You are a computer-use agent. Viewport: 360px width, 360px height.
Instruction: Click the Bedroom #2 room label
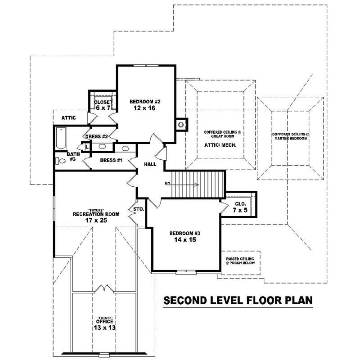point(145,101)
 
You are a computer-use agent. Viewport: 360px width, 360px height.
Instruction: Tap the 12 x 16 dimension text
point(145,108)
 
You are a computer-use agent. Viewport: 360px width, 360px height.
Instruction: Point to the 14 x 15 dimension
point(184,240)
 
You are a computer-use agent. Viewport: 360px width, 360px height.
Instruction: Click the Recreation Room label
point(96,214)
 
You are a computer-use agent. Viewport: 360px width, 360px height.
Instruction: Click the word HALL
point(150,164)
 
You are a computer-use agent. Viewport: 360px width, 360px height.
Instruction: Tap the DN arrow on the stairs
point(184,184)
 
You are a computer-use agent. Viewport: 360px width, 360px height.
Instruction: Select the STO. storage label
point(138,209)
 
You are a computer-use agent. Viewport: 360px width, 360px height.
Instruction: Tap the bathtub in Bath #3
point(60,138)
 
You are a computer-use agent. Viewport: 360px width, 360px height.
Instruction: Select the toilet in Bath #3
point(57,160)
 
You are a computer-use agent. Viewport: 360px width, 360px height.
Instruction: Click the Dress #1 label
point(112,160)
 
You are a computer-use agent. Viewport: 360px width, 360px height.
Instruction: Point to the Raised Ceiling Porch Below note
point(240,260)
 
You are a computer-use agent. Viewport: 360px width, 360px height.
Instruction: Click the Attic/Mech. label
point(220,146)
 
